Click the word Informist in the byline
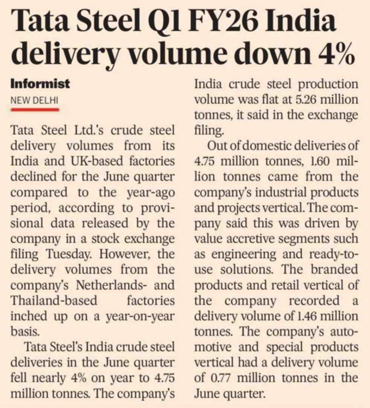point(40,84)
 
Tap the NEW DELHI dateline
point(34,100)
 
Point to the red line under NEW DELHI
point(34,109)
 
